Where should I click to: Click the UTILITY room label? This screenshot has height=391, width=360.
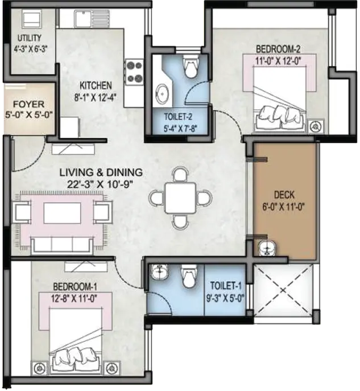pos(30,38)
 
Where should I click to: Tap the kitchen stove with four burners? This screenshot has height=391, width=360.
pos(134,72)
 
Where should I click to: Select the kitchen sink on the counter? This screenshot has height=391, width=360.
pos(92,19)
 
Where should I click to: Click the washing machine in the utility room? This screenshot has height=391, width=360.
pos(32,19)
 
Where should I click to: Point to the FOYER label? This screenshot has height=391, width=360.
pos(28,104)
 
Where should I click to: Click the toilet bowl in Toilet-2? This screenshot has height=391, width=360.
pos(191,67)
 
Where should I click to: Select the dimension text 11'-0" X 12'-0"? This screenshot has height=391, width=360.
pos(279,61)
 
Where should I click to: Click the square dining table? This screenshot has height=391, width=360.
pos(180,197)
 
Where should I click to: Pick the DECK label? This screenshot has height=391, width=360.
pos(284,195)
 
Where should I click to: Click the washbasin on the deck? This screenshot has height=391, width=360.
pos(267,248)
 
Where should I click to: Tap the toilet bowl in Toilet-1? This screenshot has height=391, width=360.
pos(189,276)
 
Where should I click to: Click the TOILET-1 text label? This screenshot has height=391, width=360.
pos(226,286)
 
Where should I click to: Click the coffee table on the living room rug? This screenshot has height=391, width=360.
pos(63,213)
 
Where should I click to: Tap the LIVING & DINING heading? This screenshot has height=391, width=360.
pos(101,172)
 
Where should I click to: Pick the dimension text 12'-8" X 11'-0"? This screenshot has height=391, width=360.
pos(74,298)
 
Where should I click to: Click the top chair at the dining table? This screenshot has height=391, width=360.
pos(180,174)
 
